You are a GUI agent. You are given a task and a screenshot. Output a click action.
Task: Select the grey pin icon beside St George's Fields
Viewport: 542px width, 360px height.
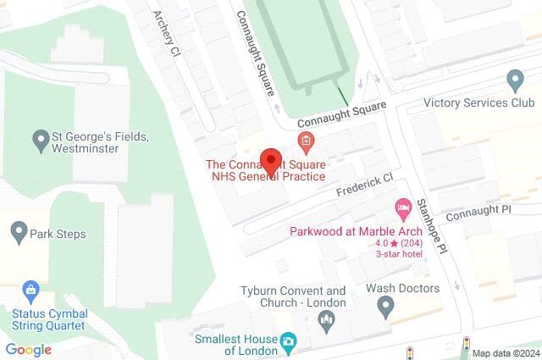click(x=39, y=137)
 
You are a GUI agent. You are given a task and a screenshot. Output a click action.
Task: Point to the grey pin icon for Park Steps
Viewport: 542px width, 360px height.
click(x=18, y=230)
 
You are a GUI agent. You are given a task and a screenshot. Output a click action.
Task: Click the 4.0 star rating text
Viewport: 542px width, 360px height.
click(x=397, y=243)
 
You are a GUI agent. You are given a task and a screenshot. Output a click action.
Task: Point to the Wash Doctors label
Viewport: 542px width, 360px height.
click(x=402, y=288)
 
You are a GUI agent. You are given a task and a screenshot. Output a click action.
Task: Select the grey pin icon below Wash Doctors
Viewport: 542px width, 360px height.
click(x=388, y=310)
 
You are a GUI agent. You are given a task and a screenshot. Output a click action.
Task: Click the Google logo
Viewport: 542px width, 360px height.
click(x=28, y=349)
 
